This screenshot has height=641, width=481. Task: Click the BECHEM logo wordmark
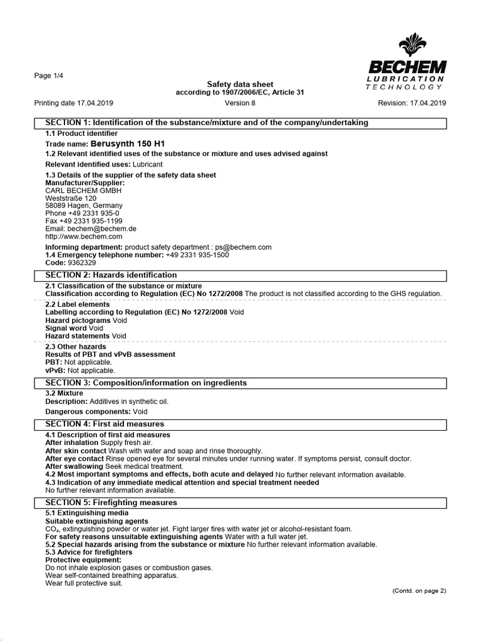(408, 66)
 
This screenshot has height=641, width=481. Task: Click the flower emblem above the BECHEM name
(413, 46)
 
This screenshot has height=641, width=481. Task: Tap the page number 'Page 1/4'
(48, 76)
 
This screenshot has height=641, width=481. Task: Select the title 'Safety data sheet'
(240, 85)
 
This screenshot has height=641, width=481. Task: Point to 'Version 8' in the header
(240, 103)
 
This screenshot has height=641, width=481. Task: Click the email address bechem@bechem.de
(101, 229)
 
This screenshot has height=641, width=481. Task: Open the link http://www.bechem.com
(84, 237)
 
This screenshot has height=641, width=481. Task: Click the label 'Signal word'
(66, 328)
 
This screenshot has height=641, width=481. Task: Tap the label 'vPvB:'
(54, 370)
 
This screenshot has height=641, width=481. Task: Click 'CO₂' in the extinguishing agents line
(52, 529)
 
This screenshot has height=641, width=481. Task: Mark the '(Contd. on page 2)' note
(419, 591)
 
